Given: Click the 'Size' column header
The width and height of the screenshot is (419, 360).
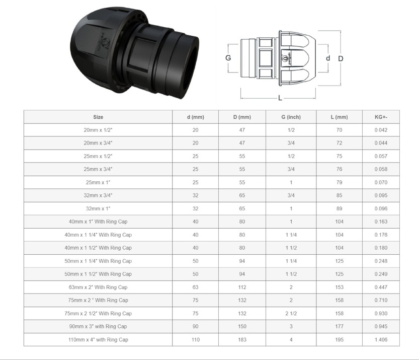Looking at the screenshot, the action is click(98, 117).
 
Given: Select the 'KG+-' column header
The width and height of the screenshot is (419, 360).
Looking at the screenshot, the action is click(381, 117).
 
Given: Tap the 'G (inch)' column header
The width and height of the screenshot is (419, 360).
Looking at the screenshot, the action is click(291, 117).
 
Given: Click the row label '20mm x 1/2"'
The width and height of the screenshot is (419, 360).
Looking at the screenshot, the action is click(98, 130).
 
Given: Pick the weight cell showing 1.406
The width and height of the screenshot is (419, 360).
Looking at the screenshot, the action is click(381, 340).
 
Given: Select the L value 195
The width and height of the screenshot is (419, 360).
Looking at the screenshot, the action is click(339, 340).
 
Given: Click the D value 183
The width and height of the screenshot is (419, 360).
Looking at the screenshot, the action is click(242, 340).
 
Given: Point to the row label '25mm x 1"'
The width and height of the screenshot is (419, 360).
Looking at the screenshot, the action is click(98, 182).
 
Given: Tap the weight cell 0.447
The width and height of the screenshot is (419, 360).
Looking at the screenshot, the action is click(381, 287).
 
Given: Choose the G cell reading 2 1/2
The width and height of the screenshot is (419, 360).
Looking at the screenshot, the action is click(291, 314).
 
